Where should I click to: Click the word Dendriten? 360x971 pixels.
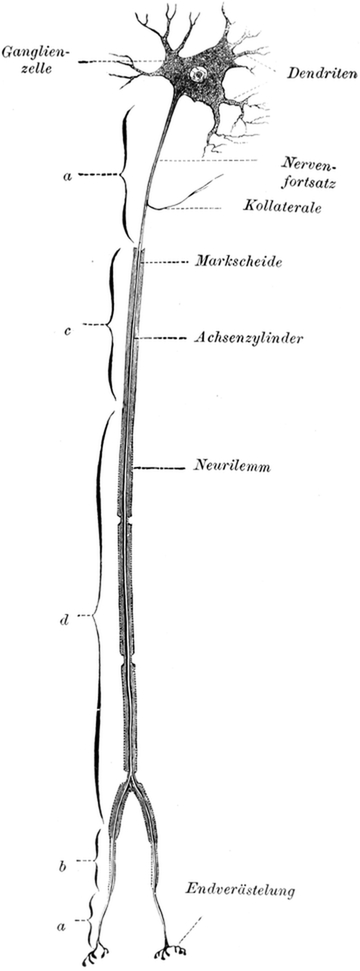pos(319,73)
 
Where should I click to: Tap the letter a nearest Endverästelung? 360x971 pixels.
pos(63,926)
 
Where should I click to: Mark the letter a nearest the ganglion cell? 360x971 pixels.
pos(67,176)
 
